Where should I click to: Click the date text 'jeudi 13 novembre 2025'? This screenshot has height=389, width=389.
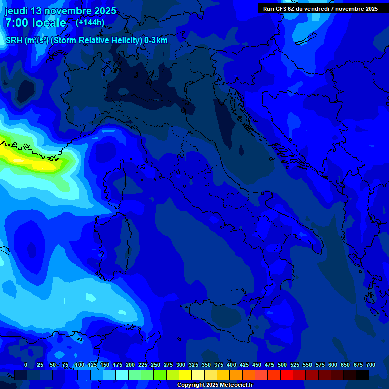(x=60, y=11)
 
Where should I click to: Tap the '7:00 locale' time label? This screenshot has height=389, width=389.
(x=35, y=23)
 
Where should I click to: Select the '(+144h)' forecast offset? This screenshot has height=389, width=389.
(x=90, y=22)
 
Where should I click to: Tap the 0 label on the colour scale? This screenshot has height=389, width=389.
(x=26, y=365)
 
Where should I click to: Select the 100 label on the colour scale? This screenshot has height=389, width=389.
(x=79, y=365)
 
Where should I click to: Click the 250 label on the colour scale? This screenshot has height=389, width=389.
(x=155, y=365)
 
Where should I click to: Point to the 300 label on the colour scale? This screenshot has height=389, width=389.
(x=181, y=365)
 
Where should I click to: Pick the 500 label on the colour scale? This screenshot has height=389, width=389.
(x=282, y=365)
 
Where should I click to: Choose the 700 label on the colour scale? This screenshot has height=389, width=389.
(x=370, y=365)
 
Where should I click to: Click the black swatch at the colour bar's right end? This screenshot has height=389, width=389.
(x=363, y=375)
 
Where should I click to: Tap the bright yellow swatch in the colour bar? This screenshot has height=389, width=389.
(x=185, y=375)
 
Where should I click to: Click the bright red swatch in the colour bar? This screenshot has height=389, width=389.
(x=287, y=375)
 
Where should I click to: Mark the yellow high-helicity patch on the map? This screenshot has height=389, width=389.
(x=30, y=158)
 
